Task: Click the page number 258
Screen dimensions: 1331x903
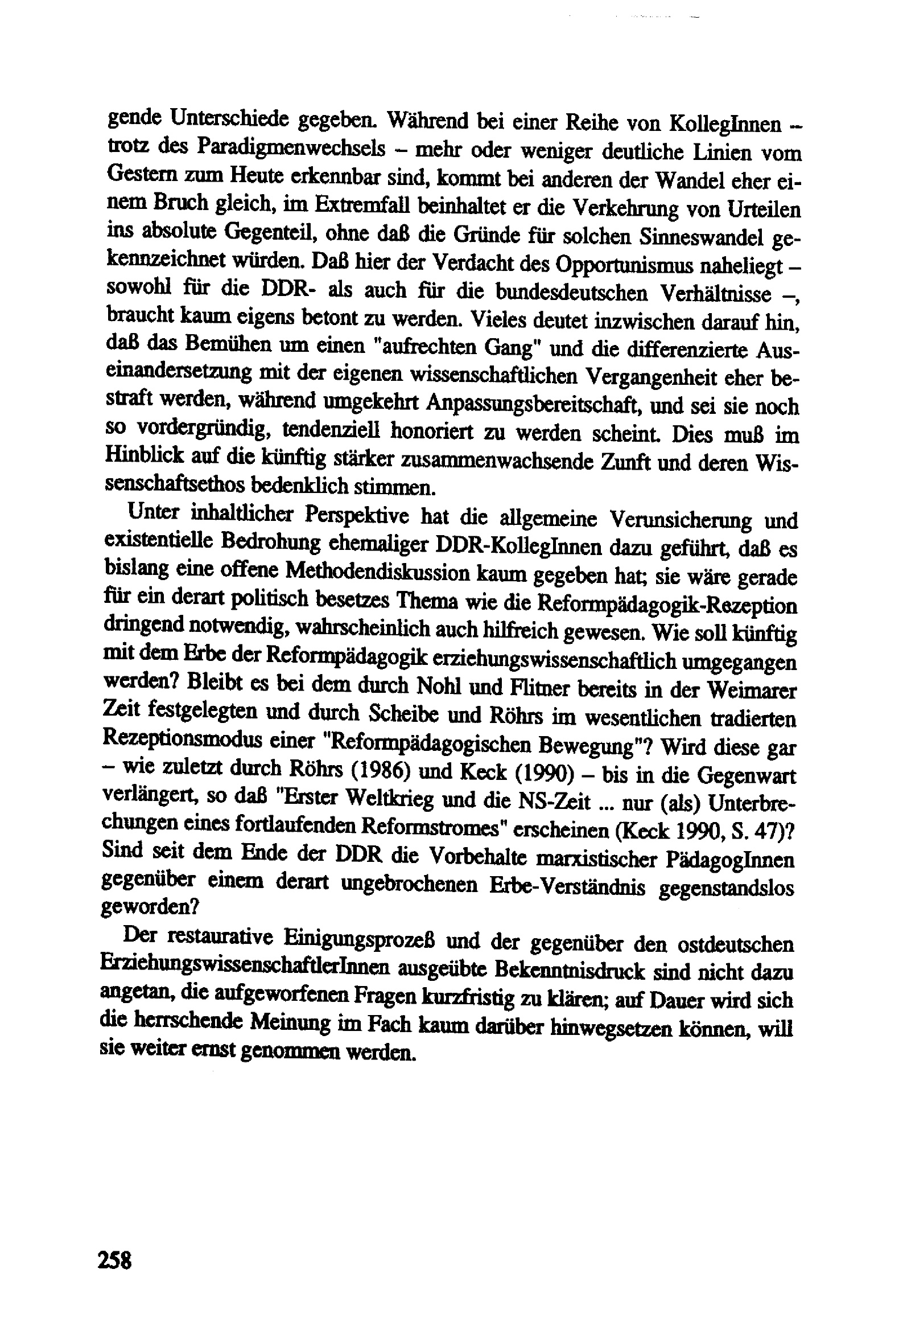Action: coord(115,1259)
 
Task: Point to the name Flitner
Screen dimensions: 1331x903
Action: coord(530,688)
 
